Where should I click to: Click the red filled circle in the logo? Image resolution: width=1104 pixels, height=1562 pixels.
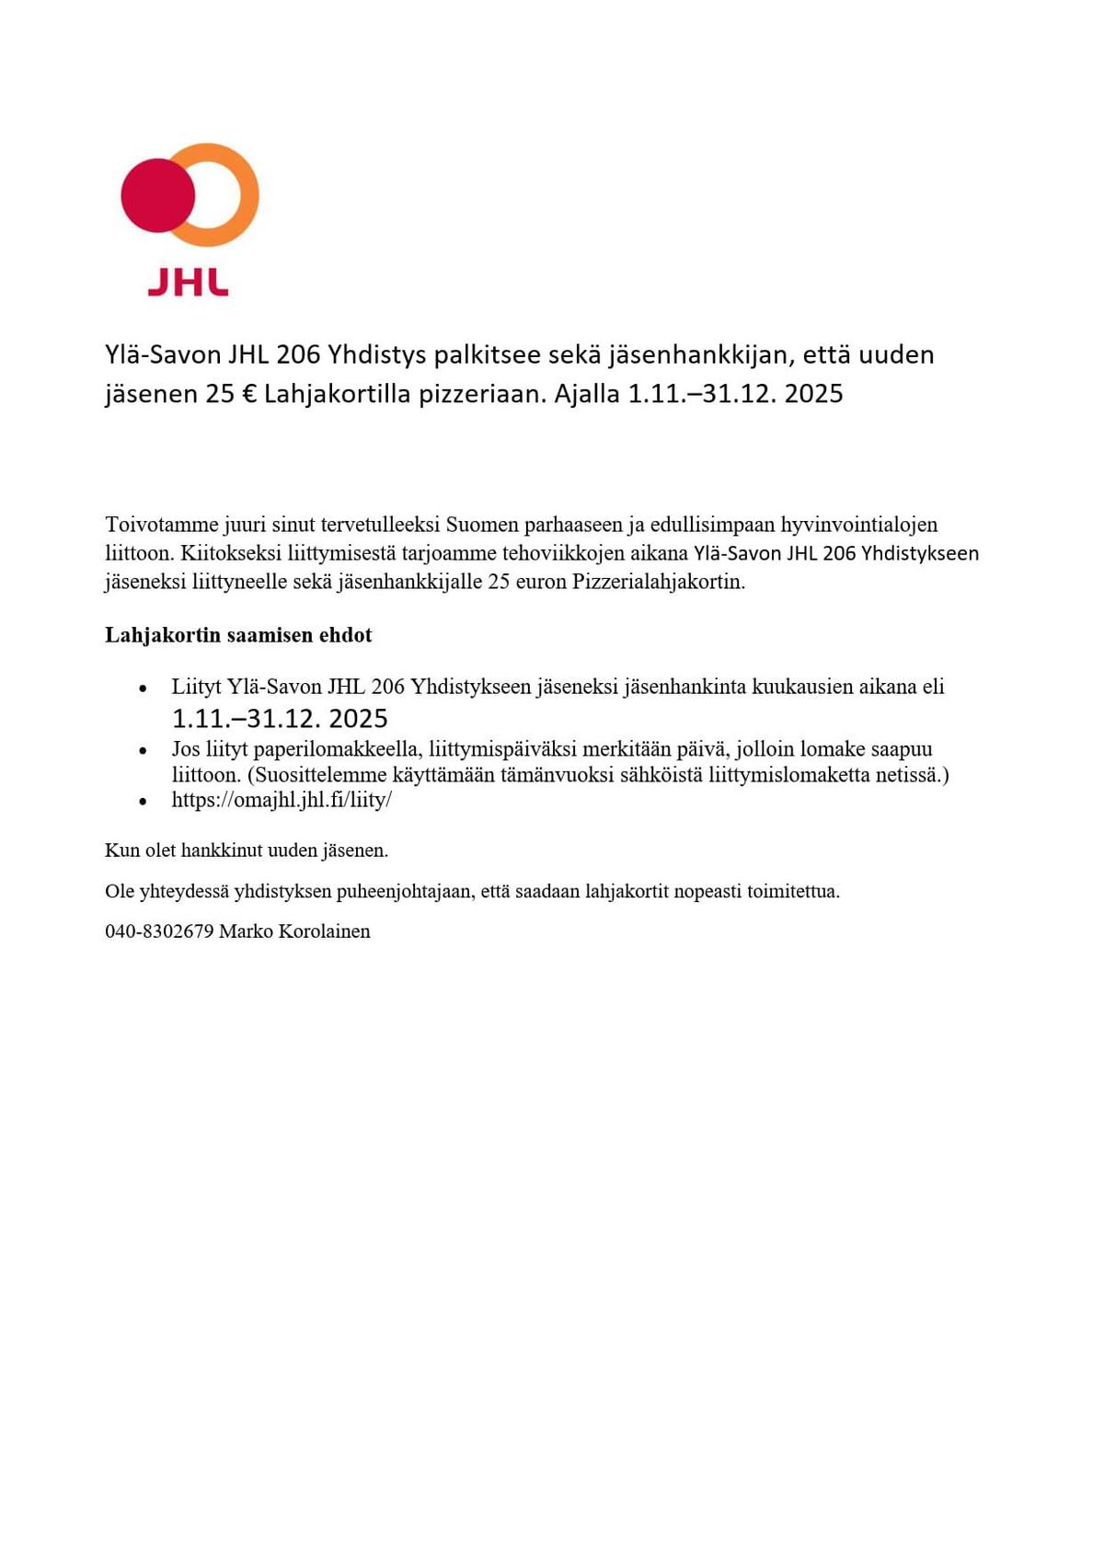[x=156, y=195]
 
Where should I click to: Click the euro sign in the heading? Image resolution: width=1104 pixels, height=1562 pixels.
[x=248, y=394]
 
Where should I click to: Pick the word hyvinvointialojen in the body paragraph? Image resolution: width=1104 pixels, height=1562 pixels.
[x=858, y=525]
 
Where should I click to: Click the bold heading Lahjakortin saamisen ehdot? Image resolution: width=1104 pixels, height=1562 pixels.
[x=238, y=635]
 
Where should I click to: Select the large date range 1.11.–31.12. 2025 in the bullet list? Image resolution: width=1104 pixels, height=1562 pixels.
[x=280, y=718]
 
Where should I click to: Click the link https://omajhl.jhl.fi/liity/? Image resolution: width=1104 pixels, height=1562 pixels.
[x=282, y=800]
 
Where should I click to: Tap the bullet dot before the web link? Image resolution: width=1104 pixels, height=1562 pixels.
[x=143, y=802]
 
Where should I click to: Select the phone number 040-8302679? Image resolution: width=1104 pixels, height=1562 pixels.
[x=158, y=931]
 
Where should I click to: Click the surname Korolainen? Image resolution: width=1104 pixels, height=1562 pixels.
[x=324, y=931]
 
